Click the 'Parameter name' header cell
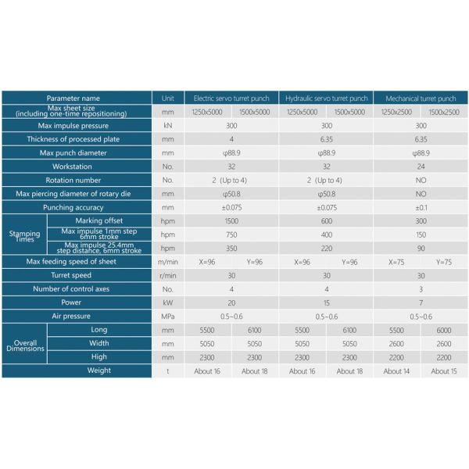73,98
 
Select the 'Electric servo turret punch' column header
231,98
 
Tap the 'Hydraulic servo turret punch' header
326,98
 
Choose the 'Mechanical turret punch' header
421,98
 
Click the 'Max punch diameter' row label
73,153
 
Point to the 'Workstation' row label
73,166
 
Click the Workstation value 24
421,166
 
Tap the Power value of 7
421,303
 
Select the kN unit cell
167,126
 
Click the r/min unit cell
167,275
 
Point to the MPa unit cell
167,317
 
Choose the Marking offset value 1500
231,221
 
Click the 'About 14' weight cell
397,371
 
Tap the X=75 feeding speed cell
397,262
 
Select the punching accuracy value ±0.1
421,208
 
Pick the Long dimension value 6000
444,330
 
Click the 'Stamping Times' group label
24,235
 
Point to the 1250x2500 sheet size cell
397,113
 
